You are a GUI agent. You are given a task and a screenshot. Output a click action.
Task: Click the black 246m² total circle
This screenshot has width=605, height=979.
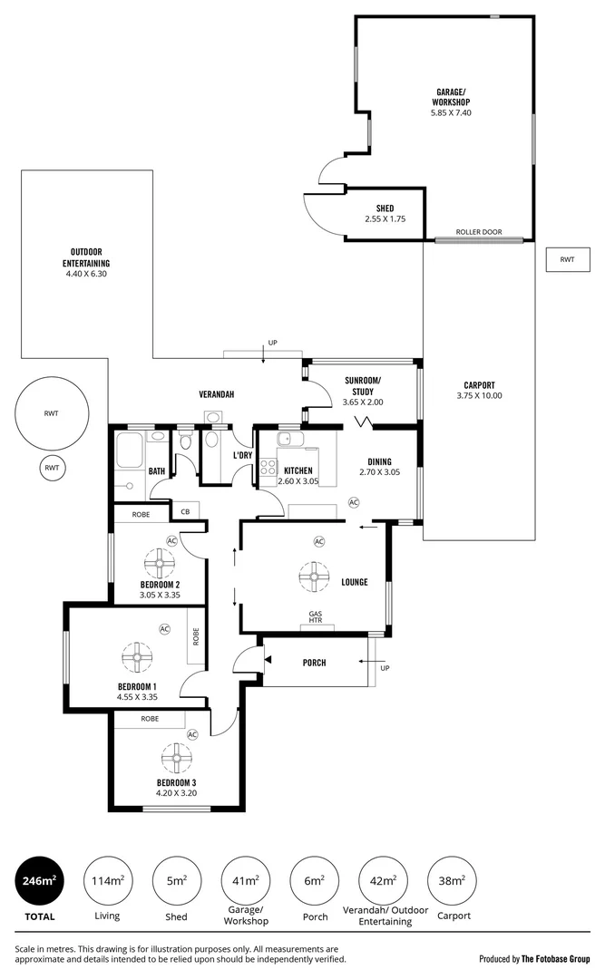tap(38, 880)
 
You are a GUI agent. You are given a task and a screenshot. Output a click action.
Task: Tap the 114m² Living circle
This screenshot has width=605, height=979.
tap(107, 880)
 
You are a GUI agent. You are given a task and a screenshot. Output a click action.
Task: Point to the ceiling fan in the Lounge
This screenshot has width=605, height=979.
tap(314, 574)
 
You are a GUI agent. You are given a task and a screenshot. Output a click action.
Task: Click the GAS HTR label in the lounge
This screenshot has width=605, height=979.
tap(316, 618)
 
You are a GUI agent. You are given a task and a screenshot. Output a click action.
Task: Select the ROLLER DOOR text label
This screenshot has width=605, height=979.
tap(479, 232)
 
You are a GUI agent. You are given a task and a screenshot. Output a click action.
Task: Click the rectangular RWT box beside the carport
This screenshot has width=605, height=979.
tap(567, 260)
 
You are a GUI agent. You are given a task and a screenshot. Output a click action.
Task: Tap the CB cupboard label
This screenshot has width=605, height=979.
tap(185, 512)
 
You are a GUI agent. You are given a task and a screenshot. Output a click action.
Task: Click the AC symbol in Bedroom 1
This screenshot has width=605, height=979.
tap(165, 628)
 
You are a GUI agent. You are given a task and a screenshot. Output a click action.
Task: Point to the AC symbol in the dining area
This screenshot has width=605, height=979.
tap(354, 502)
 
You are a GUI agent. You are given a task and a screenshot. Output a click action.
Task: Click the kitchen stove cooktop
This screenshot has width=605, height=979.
tap(268, 469)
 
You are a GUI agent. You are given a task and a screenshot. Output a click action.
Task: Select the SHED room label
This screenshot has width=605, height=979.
tap(385, 208)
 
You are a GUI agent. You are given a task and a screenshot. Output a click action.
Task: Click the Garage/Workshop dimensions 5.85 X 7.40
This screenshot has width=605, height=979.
tap(451, 112)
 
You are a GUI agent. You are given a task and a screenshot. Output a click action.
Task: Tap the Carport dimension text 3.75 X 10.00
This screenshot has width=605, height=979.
tap(479, 395)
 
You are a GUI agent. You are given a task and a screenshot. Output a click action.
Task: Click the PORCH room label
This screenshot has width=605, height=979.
tap(314, 663)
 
